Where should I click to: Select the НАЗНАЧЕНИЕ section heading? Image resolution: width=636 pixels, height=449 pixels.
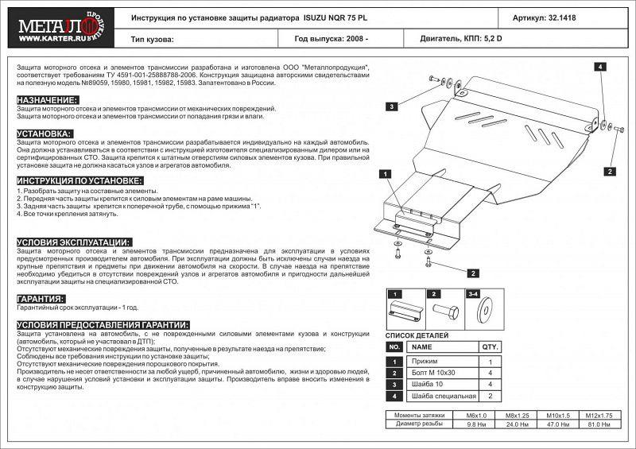47,99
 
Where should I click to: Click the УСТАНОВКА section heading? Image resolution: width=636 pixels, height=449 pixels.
45,134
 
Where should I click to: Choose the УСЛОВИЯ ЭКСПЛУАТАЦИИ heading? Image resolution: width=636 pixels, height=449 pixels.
73,241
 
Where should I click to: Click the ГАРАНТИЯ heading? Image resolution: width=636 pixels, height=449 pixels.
41,299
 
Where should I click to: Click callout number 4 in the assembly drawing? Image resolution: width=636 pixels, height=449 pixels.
601,67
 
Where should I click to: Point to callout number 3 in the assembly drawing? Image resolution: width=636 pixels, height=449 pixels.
393,106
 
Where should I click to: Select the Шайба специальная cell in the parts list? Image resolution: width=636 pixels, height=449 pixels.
444,395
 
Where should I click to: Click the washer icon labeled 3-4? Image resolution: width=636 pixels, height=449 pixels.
483,312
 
